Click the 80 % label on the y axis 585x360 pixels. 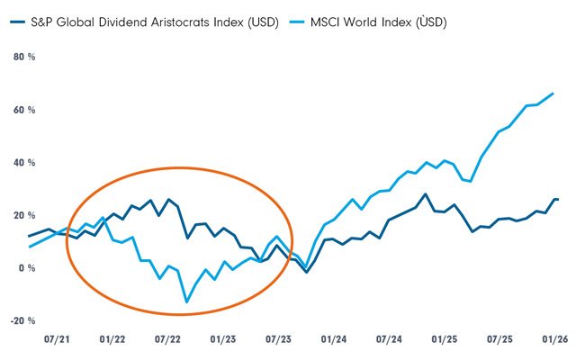23,58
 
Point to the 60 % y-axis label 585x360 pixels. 23,110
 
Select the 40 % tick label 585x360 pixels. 23,163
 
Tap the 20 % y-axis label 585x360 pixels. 23,215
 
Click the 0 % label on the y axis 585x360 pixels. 26,268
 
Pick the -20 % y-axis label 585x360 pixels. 22,320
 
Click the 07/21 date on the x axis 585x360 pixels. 56,341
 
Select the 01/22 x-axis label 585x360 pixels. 112,341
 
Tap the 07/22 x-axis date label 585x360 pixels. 167,341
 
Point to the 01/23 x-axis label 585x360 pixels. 222,341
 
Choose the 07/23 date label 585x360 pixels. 278,341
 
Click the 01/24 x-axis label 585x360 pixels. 334,341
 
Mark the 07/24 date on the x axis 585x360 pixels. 389,341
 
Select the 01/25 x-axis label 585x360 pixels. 445,341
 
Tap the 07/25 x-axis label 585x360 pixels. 500,341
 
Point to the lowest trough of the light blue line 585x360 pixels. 187,301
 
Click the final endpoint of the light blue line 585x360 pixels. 553,94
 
